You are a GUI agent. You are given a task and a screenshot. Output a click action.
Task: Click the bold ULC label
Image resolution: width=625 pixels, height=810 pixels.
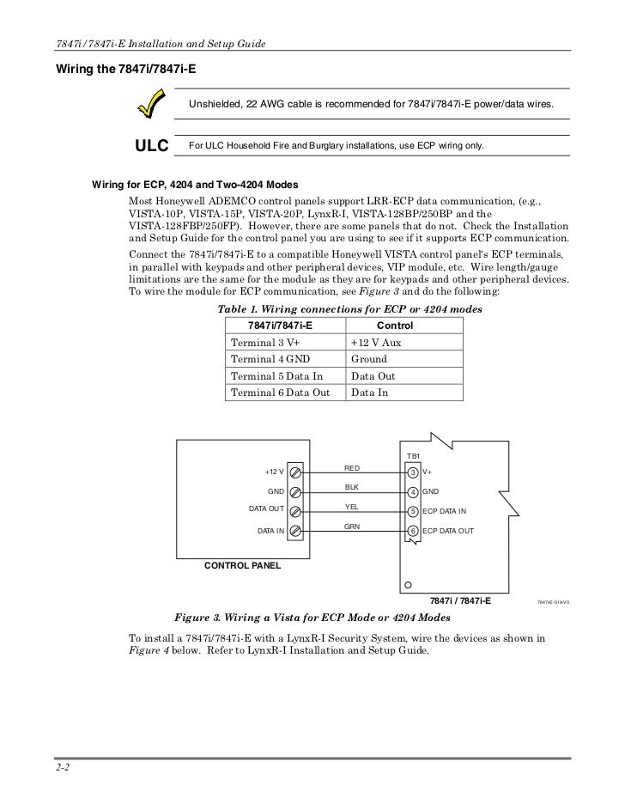(x=150, y=146)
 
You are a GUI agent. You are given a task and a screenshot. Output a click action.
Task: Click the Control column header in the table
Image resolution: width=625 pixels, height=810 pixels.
(x=395, y=326)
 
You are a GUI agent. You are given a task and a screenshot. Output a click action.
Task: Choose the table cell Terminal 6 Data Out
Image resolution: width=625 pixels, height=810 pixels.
(x=280, y=392)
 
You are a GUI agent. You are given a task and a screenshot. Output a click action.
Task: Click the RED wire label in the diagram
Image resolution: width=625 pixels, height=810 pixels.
(x=352, y=468)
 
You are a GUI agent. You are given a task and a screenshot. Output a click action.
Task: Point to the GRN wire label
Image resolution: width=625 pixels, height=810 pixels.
(x=352, y=526)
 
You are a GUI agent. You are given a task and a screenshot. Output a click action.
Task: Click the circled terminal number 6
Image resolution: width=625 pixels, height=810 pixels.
(x=413, y=531)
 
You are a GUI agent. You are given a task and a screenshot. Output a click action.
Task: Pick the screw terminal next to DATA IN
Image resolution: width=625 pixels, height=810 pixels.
(x=295, y=531)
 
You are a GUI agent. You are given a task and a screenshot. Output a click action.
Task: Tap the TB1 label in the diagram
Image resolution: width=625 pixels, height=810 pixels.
(x=412, y=455)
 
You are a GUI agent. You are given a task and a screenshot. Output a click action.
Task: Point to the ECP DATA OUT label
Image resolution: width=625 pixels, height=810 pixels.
(x=447, y=531)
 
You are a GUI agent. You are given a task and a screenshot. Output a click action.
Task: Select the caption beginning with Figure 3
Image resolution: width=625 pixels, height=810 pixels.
(x=312, y=618)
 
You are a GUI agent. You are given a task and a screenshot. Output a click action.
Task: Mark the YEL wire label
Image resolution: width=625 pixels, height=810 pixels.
(x=352, y=507)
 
